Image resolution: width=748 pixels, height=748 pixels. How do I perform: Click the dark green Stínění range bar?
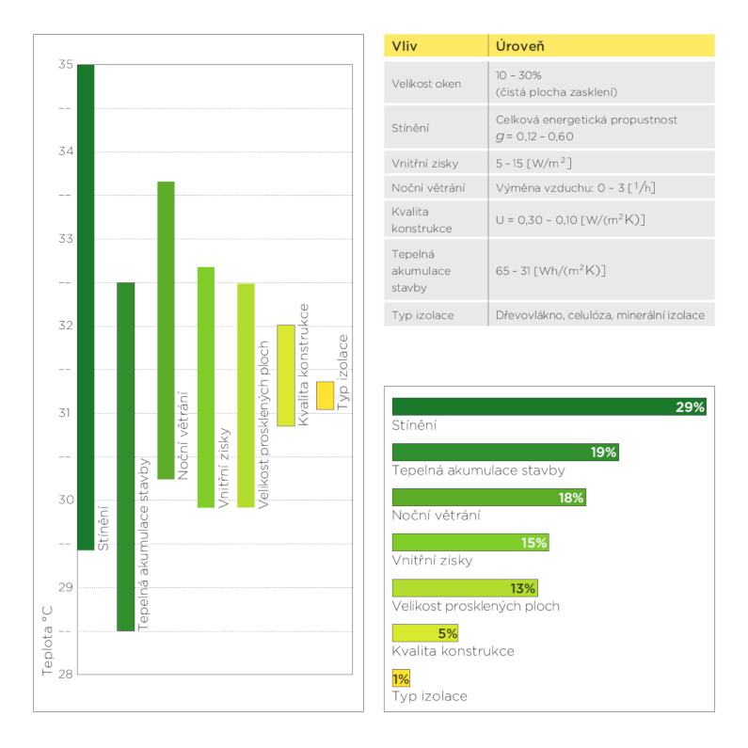click(x=86, y=307)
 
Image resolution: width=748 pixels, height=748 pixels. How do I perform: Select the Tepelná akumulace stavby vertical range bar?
click(x=125, y=456)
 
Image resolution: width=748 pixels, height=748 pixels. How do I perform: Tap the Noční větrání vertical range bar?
click(x=166, y=329)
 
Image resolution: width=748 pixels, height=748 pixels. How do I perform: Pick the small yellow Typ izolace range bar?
click(x=326, y=395)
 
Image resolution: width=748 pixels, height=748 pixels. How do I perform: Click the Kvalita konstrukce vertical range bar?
click(x=285, y=374)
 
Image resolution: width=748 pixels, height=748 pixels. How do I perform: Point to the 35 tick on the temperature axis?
click(x=65, y=65)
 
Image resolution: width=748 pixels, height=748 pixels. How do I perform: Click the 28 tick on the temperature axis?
click(x=65, y=674)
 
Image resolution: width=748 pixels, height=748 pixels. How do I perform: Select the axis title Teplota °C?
click(x=48, y=641)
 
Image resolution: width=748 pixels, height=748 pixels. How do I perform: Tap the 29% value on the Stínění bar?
click(x=690, y=407)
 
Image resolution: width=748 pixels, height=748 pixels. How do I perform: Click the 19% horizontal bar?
click(x=505, y=453)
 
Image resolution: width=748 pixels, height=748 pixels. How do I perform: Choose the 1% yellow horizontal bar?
click(x=401, y=678)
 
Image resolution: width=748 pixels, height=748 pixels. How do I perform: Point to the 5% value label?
click(x=447, y=633)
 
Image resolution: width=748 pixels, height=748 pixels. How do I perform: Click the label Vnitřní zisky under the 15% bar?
click(x=432, y=561)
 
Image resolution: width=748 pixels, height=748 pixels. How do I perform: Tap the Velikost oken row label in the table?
click(x=426, y=83)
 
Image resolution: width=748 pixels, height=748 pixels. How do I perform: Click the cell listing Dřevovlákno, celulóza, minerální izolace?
click(x=599, y=315)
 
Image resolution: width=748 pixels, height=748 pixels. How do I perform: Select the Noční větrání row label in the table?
click(x=428, y=187)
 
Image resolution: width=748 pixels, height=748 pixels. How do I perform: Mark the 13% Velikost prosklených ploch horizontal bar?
click(x=465, y=588)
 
